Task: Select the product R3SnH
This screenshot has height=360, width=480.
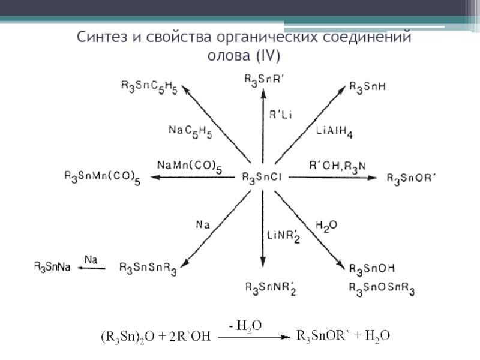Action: [x=367, y=87]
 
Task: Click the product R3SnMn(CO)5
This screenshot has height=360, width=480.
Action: [x=102, y=177]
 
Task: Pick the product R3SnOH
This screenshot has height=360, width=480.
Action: [x=372, y=268]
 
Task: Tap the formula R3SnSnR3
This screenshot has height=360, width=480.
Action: [x=148, y=268]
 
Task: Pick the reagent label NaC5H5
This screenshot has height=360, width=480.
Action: [x=190, y=131]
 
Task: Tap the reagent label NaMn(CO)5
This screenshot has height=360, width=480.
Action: [x=189, y=166]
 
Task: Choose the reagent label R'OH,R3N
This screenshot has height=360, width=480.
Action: [x=336, y=166]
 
